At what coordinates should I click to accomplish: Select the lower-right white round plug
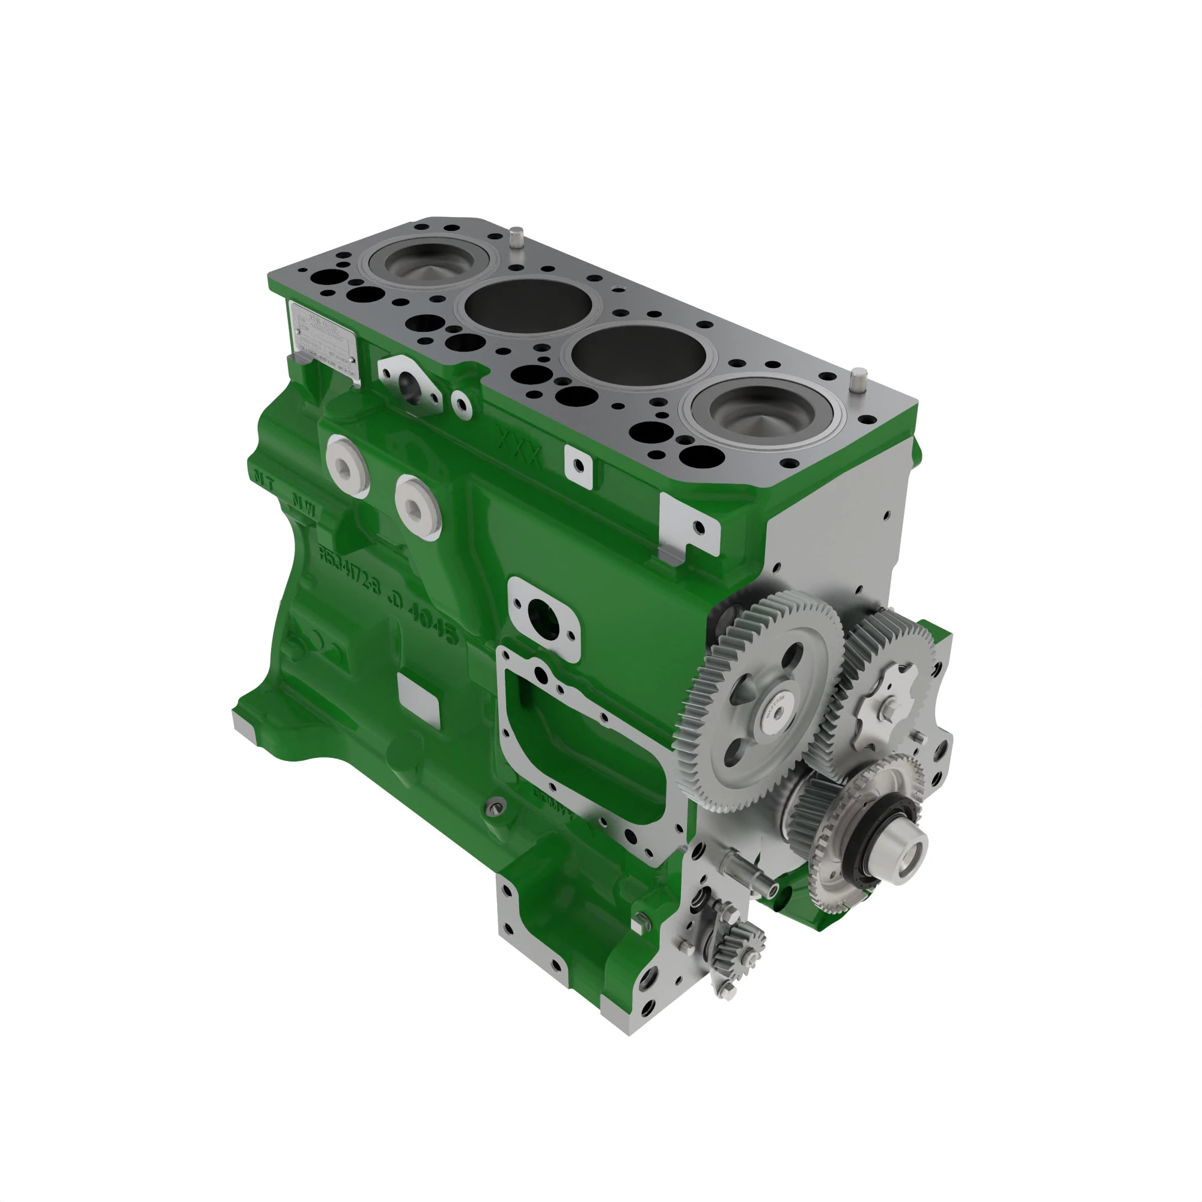coord(418,505)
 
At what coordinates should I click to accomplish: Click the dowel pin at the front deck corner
coord(859,379)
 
